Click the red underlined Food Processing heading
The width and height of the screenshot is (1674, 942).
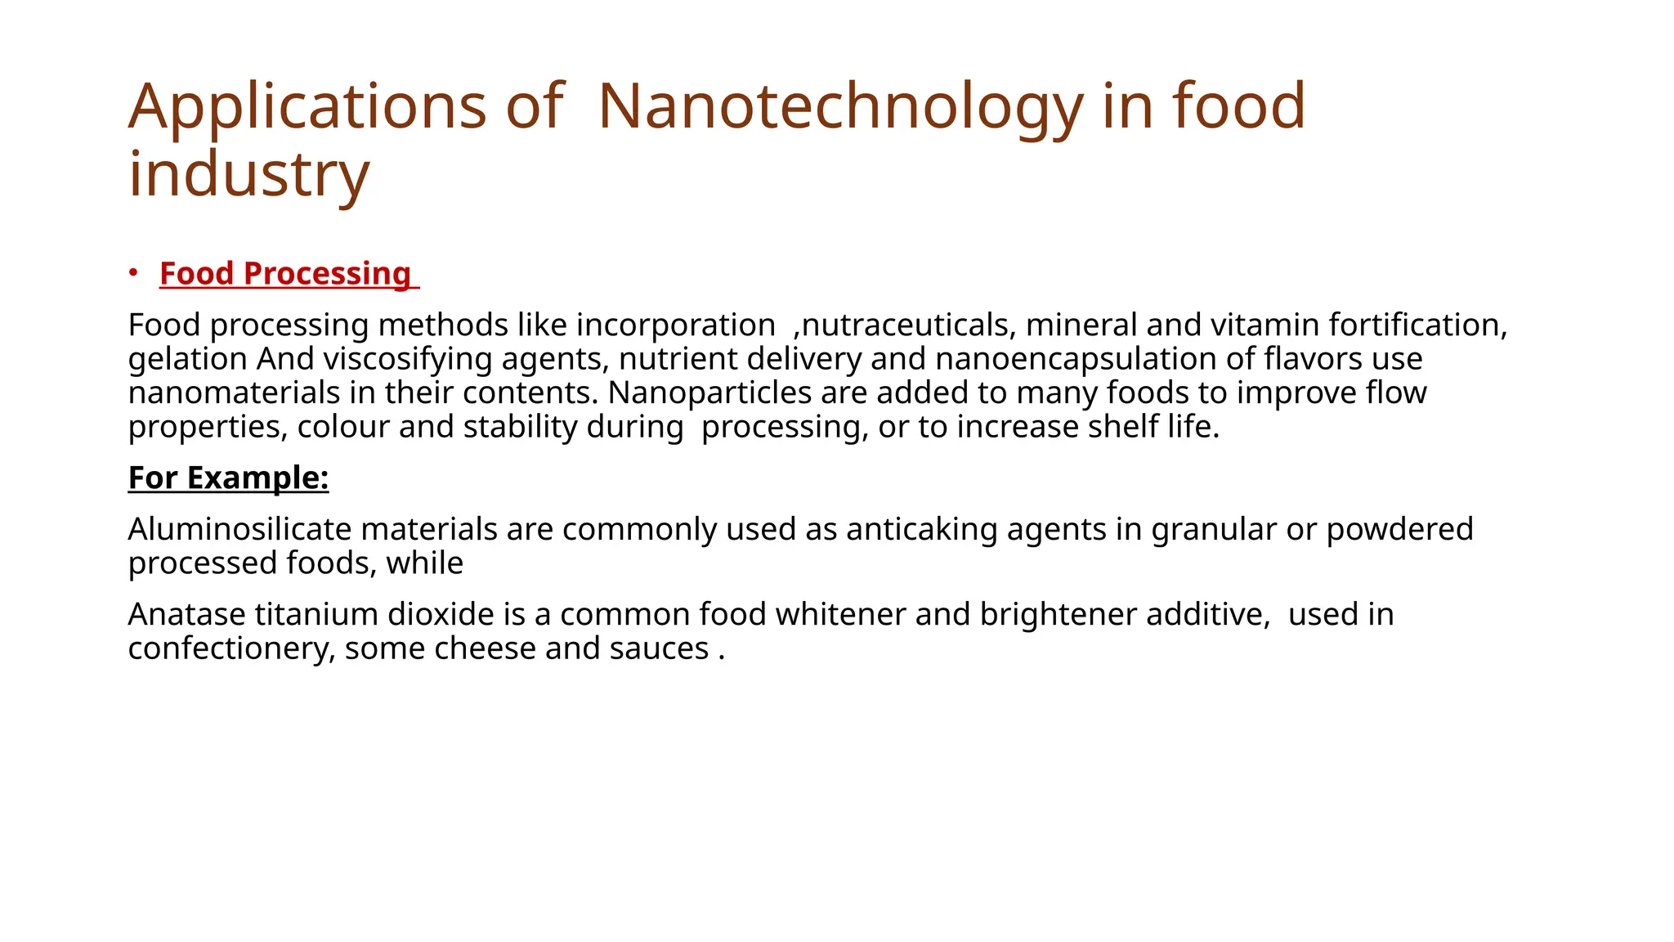(285, 273)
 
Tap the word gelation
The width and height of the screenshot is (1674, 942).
(187, 359)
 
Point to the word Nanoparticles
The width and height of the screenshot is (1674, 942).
(709, 392)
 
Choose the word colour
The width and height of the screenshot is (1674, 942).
(343, 427)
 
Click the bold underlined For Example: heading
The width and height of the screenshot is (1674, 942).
(228, 478)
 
